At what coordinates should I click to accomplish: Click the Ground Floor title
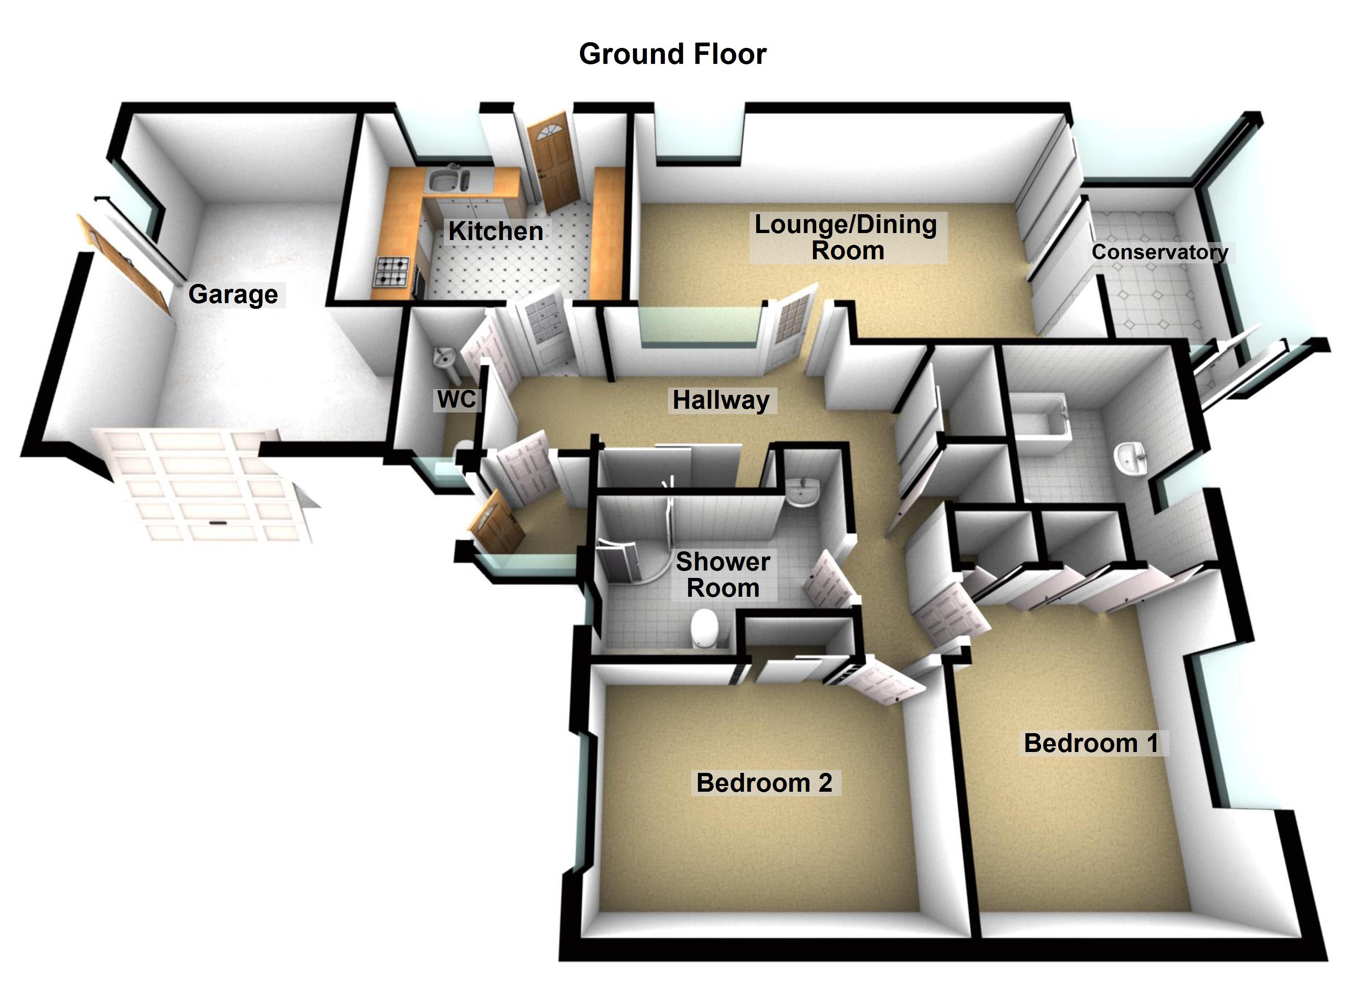click(x=673, y=54)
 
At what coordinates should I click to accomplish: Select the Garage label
click(x=233, y=294)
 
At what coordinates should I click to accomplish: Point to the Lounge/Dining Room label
click(x=847, y=237)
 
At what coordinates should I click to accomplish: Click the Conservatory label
click(x=1159, y=252)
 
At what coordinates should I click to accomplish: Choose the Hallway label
click(x=721, y=400)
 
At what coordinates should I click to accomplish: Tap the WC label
click(x=456, y=399)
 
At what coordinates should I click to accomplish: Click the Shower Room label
click(x=723, y=575)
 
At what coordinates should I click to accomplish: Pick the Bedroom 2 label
click(x=764, y=783)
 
